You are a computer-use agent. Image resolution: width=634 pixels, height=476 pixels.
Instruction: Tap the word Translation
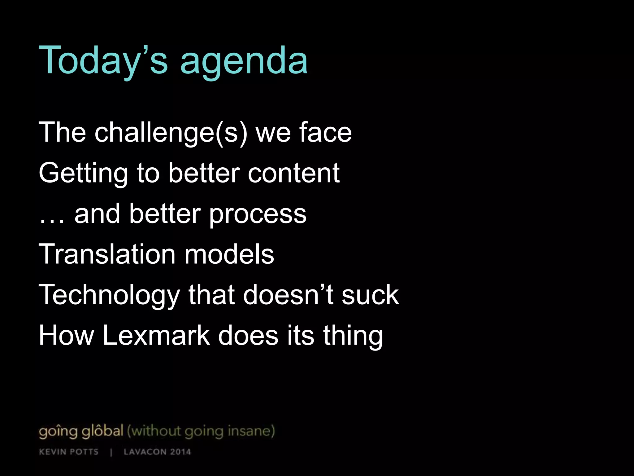[x=107, y=254]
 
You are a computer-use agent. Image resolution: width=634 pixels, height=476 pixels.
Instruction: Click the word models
[x=229, y=254]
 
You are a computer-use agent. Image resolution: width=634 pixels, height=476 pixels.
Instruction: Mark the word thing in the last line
[x=353, y=337]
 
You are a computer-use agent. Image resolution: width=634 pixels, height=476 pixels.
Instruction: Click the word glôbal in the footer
[x=102, y=431]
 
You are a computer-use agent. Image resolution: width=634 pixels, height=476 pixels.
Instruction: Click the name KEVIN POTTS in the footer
[x=69, y=452]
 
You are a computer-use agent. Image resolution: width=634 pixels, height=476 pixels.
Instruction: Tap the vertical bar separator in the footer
[x=111, y=452]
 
